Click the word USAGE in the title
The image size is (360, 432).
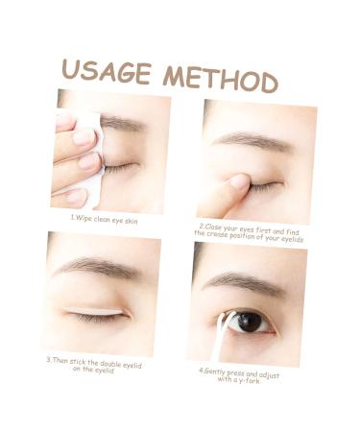(107, 72)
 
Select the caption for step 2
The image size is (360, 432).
(251, 232)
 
